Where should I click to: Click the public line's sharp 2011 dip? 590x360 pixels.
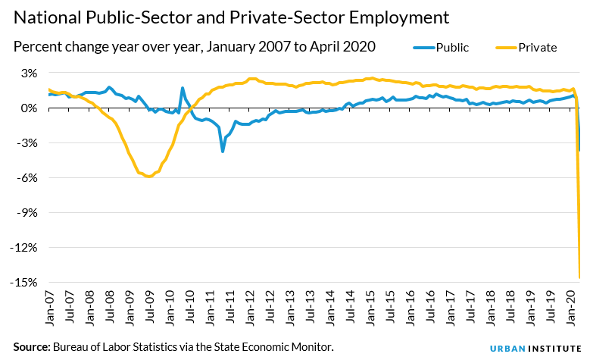223,152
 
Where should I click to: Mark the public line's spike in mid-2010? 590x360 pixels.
183,88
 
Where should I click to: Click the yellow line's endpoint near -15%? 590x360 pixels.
580,278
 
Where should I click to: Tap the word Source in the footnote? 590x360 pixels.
30,346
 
